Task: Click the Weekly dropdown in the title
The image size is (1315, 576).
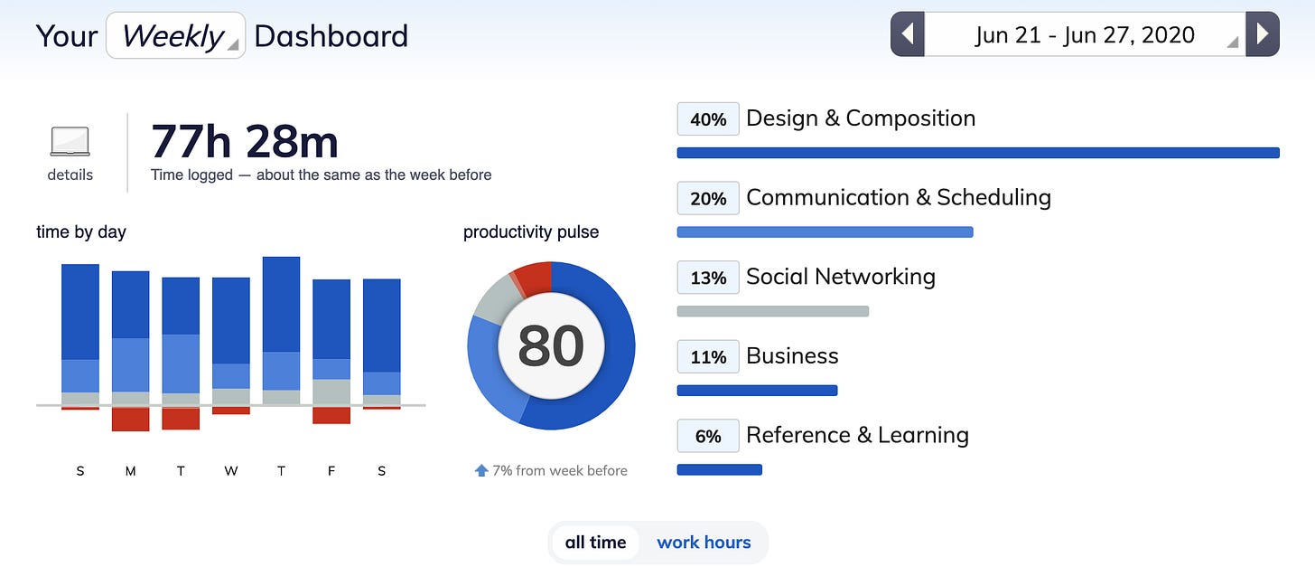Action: (x=175, y=35)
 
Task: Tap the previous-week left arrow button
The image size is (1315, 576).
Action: (x=908, y=34)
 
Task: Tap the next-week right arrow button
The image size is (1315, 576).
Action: (x=1263, y=34)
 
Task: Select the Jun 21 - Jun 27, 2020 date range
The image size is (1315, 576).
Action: (x=1085, y=34)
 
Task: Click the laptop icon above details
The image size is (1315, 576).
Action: (x=70, y=141)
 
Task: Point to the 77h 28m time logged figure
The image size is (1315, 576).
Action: (x=244, y=142)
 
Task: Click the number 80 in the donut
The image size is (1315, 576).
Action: (x=551, y=345)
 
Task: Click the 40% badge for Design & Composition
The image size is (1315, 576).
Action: (x=708, y=119)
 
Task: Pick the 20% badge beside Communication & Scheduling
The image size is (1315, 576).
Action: (x=708, y=199)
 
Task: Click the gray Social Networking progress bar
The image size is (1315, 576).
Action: (x=772, y=311)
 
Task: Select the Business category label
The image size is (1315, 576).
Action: (x=792, y=355)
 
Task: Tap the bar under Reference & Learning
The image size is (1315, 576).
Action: (x=719, y=469)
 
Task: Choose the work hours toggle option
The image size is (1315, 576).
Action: (x=704, y=542)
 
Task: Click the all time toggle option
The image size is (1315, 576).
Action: (x=595, y=542)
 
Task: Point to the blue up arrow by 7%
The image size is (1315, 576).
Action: (x=481, y=470)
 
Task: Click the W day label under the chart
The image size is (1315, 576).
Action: (x=230, y=471)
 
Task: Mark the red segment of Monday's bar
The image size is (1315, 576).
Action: (x=130, y=419)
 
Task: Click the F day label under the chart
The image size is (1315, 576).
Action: (x=331, y=471)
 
